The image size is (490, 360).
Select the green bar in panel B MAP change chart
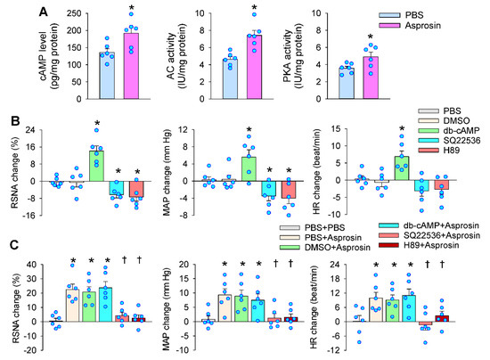249,168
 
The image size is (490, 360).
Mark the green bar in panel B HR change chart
402,168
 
